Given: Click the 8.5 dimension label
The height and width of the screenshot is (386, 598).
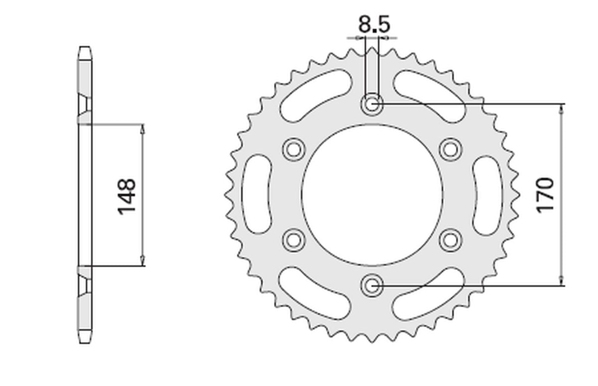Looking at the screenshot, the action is [x=374, y=24].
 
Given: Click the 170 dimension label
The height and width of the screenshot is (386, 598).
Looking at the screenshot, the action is [x=545, y=195].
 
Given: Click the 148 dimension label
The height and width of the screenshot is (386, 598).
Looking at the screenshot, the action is [x=126, y=196].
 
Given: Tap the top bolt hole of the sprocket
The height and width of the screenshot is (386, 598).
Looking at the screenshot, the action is [x=372, y=104].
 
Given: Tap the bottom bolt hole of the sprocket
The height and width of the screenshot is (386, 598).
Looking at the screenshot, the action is [x=372, y=285].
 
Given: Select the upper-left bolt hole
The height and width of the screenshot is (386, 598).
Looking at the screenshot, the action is [x=294, y=150].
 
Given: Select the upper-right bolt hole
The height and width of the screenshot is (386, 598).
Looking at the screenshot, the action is [x=450, y=150].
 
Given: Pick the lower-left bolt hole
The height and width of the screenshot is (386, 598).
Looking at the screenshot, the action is [x=294, y=240].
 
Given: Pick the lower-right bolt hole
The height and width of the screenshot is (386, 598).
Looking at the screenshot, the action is [x=450, y=240].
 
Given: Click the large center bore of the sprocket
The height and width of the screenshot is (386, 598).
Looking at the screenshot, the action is [x=372, y=195].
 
